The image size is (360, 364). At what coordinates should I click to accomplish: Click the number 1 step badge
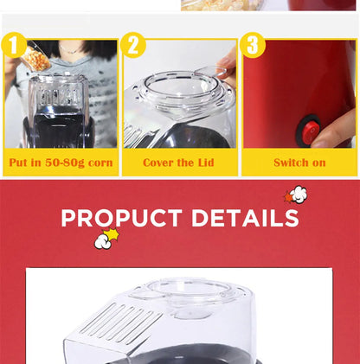point(14,45)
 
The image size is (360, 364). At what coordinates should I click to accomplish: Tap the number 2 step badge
point(133,45)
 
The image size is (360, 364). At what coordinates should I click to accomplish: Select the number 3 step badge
point(253,45)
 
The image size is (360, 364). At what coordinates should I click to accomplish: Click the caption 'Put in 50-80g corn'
point(61,163)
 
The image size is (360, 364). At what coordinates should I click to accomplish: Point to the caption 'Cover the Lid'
point(179,163)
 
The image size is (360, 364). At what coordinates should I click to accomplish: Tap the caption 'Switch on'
point(299,163)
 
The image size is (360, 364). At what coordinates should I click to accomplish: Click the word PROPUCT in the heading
point(121,218)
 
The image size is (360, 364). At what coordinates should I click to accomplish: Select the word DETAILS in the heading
point(245,218)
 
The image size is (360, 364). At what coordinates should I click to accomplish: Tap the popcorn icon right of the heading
point(296,195)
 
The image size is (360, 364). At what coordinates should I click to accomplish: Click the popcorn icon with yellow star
point(106,238)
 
